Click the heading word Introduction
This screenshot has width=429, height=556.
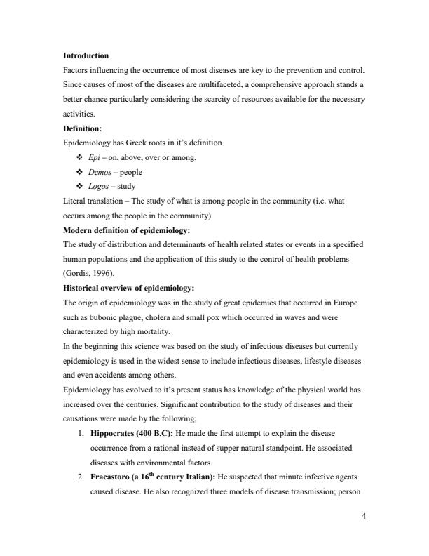pyautogui.click(x=86, y=55)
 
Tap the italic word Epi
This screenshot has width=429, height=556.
pyautogui.click(x=93, y=158)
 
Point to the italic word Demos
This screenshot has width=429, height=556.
pyautogui.click(x=99, y=173)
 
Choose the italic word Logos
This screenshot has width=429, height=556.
pyautogui.click(x=98, y=187)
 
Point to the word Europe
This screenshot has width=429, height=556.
pyautogui.click(x=350, y=305)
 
